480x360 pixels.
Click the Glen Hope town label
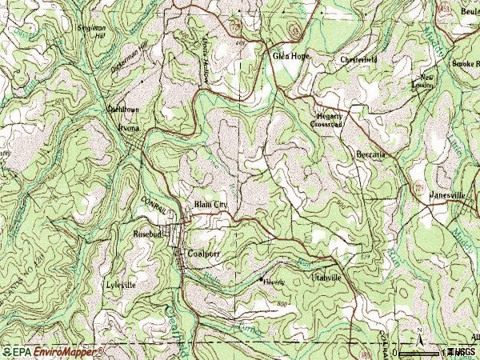(x=290, y=57)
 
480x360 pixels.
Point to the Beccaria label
(x=371, y=154)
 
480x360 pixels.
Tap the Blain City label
(x=211, y=206)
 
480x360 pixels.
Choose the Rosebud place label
(x=148, y=234)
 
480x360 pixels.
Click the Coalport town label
(x=203, y=254)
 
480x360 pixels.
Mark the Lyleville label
(x=121, y=285)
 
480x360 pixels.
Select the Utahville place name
(x=326, y=277)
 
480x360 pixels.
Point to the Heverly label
(x=277, y=281)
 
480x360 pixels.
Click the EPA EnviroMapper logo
(x=53, y=351)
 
